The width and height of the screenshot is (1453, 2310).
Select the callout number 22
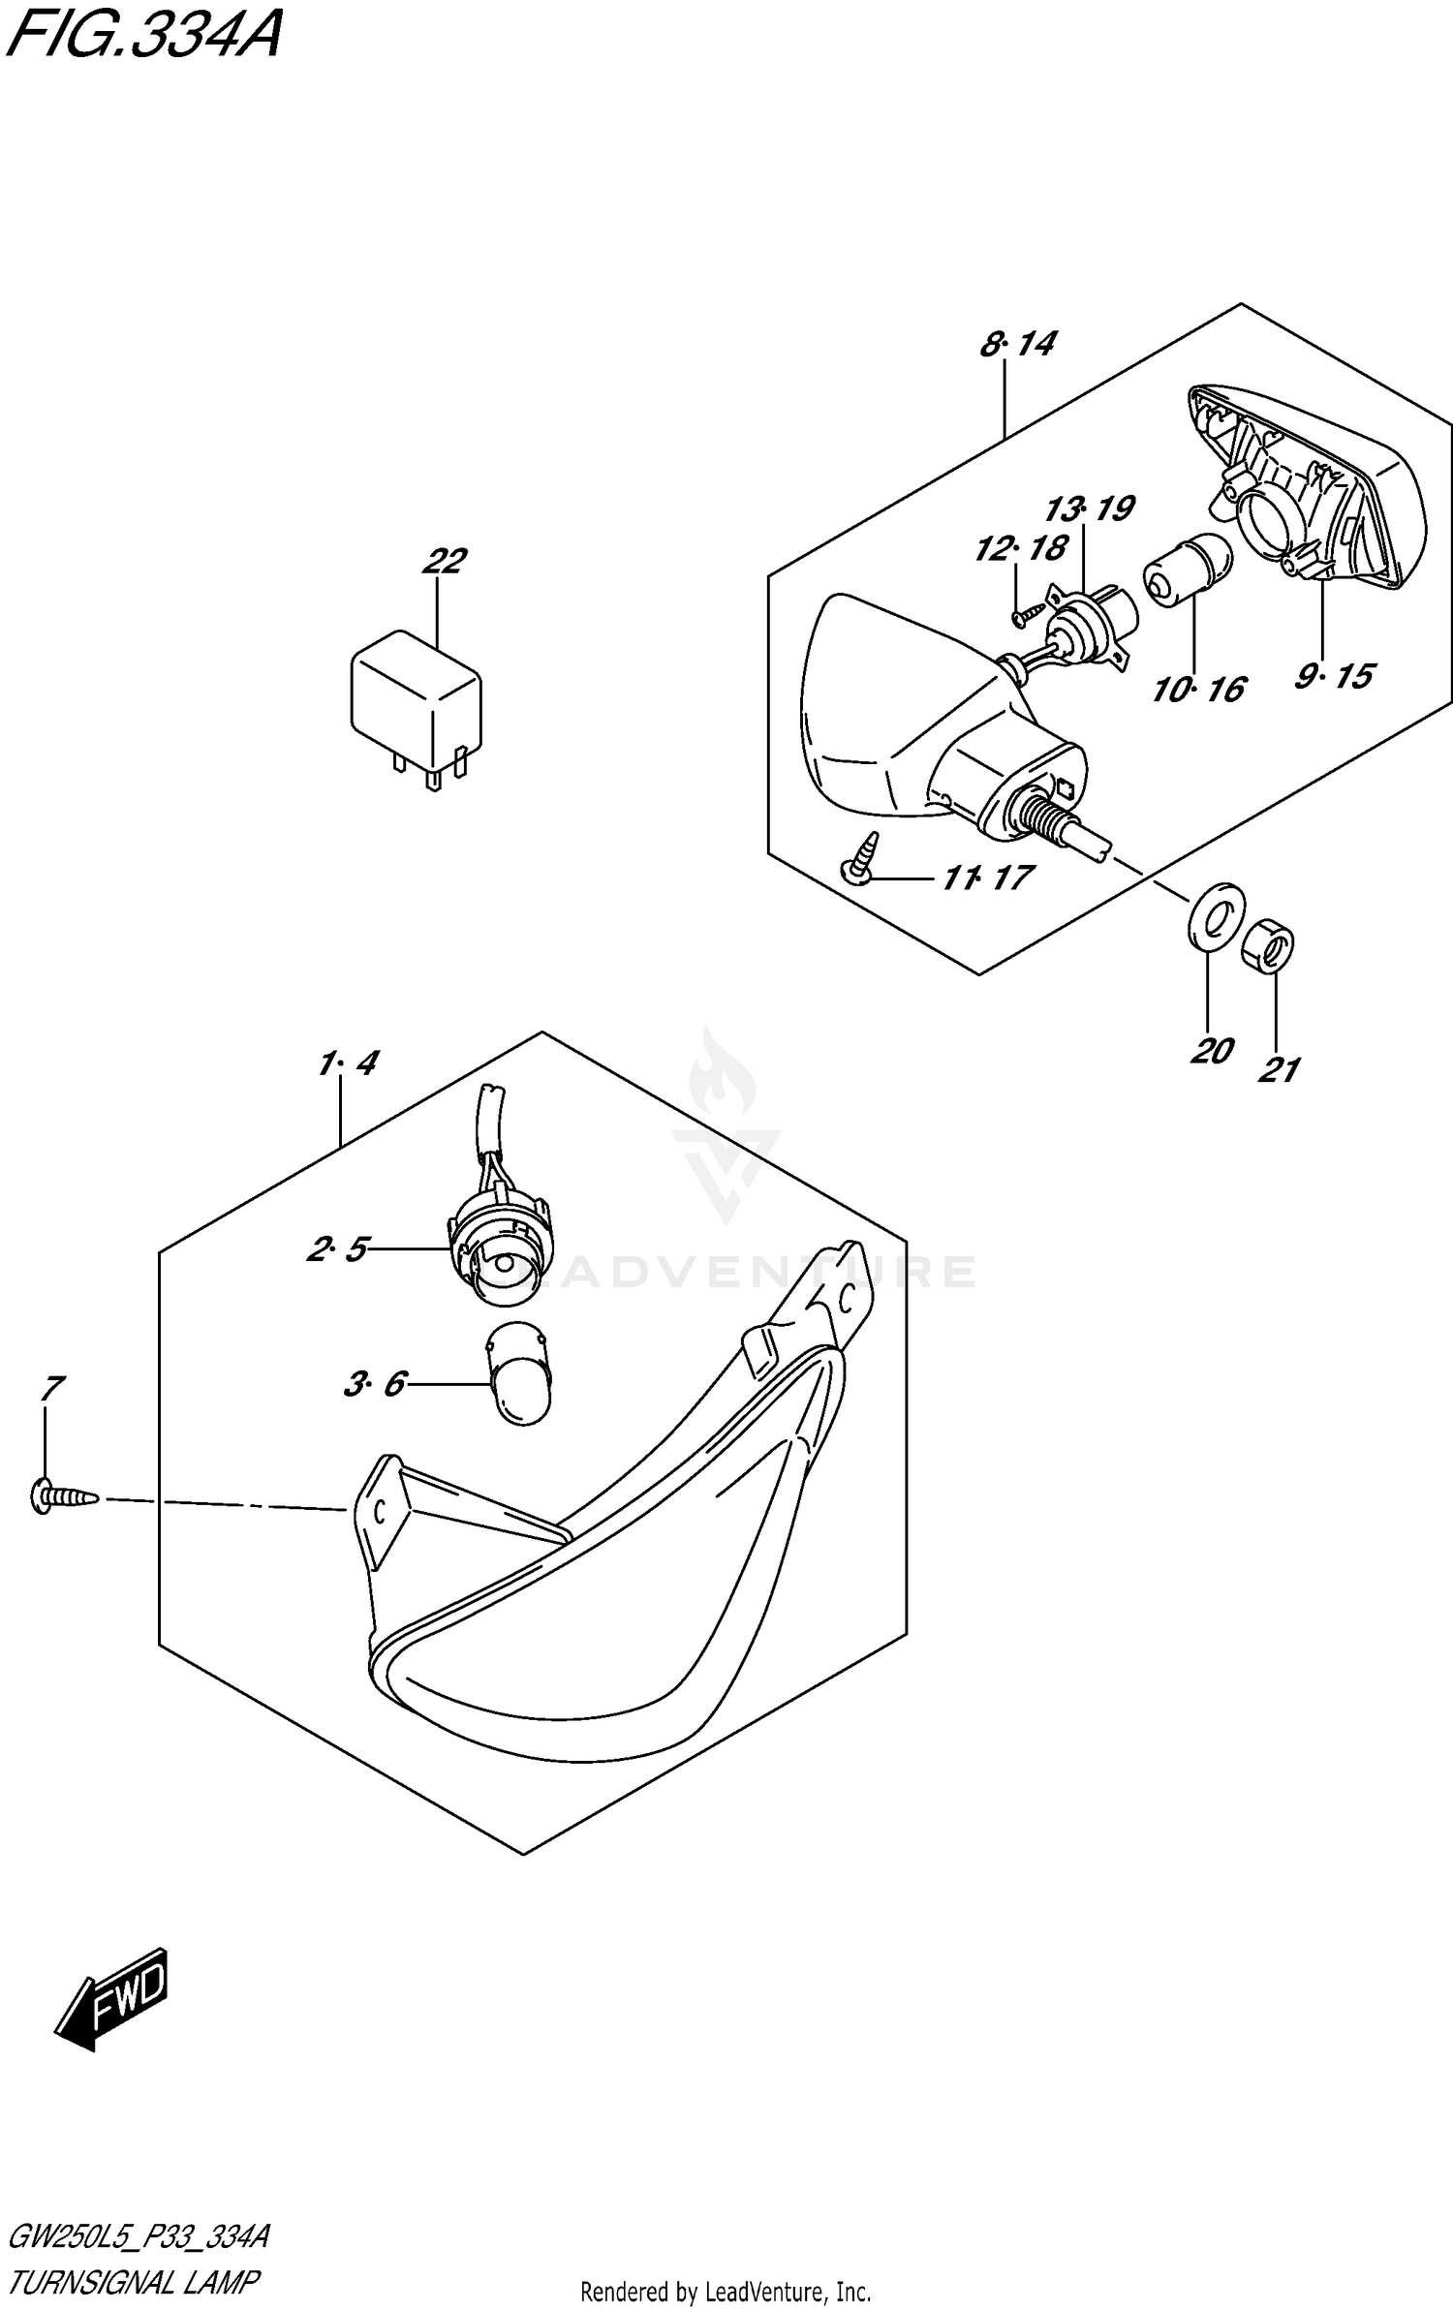coord(445,560)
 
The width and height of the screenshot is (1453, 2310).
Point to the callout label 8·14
coord(1017,344)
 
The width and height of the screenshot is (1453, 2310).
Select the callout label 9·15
coord(1334,675)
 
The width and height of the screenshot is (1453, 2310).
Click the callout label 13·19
coord(1090,508)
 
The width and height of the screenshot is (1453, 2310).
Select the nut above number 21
coord(1269,942)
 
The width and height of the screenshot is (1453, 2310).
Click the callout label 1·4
coord(347,1063)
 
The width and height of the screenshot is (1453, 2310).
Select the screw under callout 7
coord(63,1497)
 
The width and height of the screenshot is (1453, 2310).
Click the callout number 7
coord(51,1389)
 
